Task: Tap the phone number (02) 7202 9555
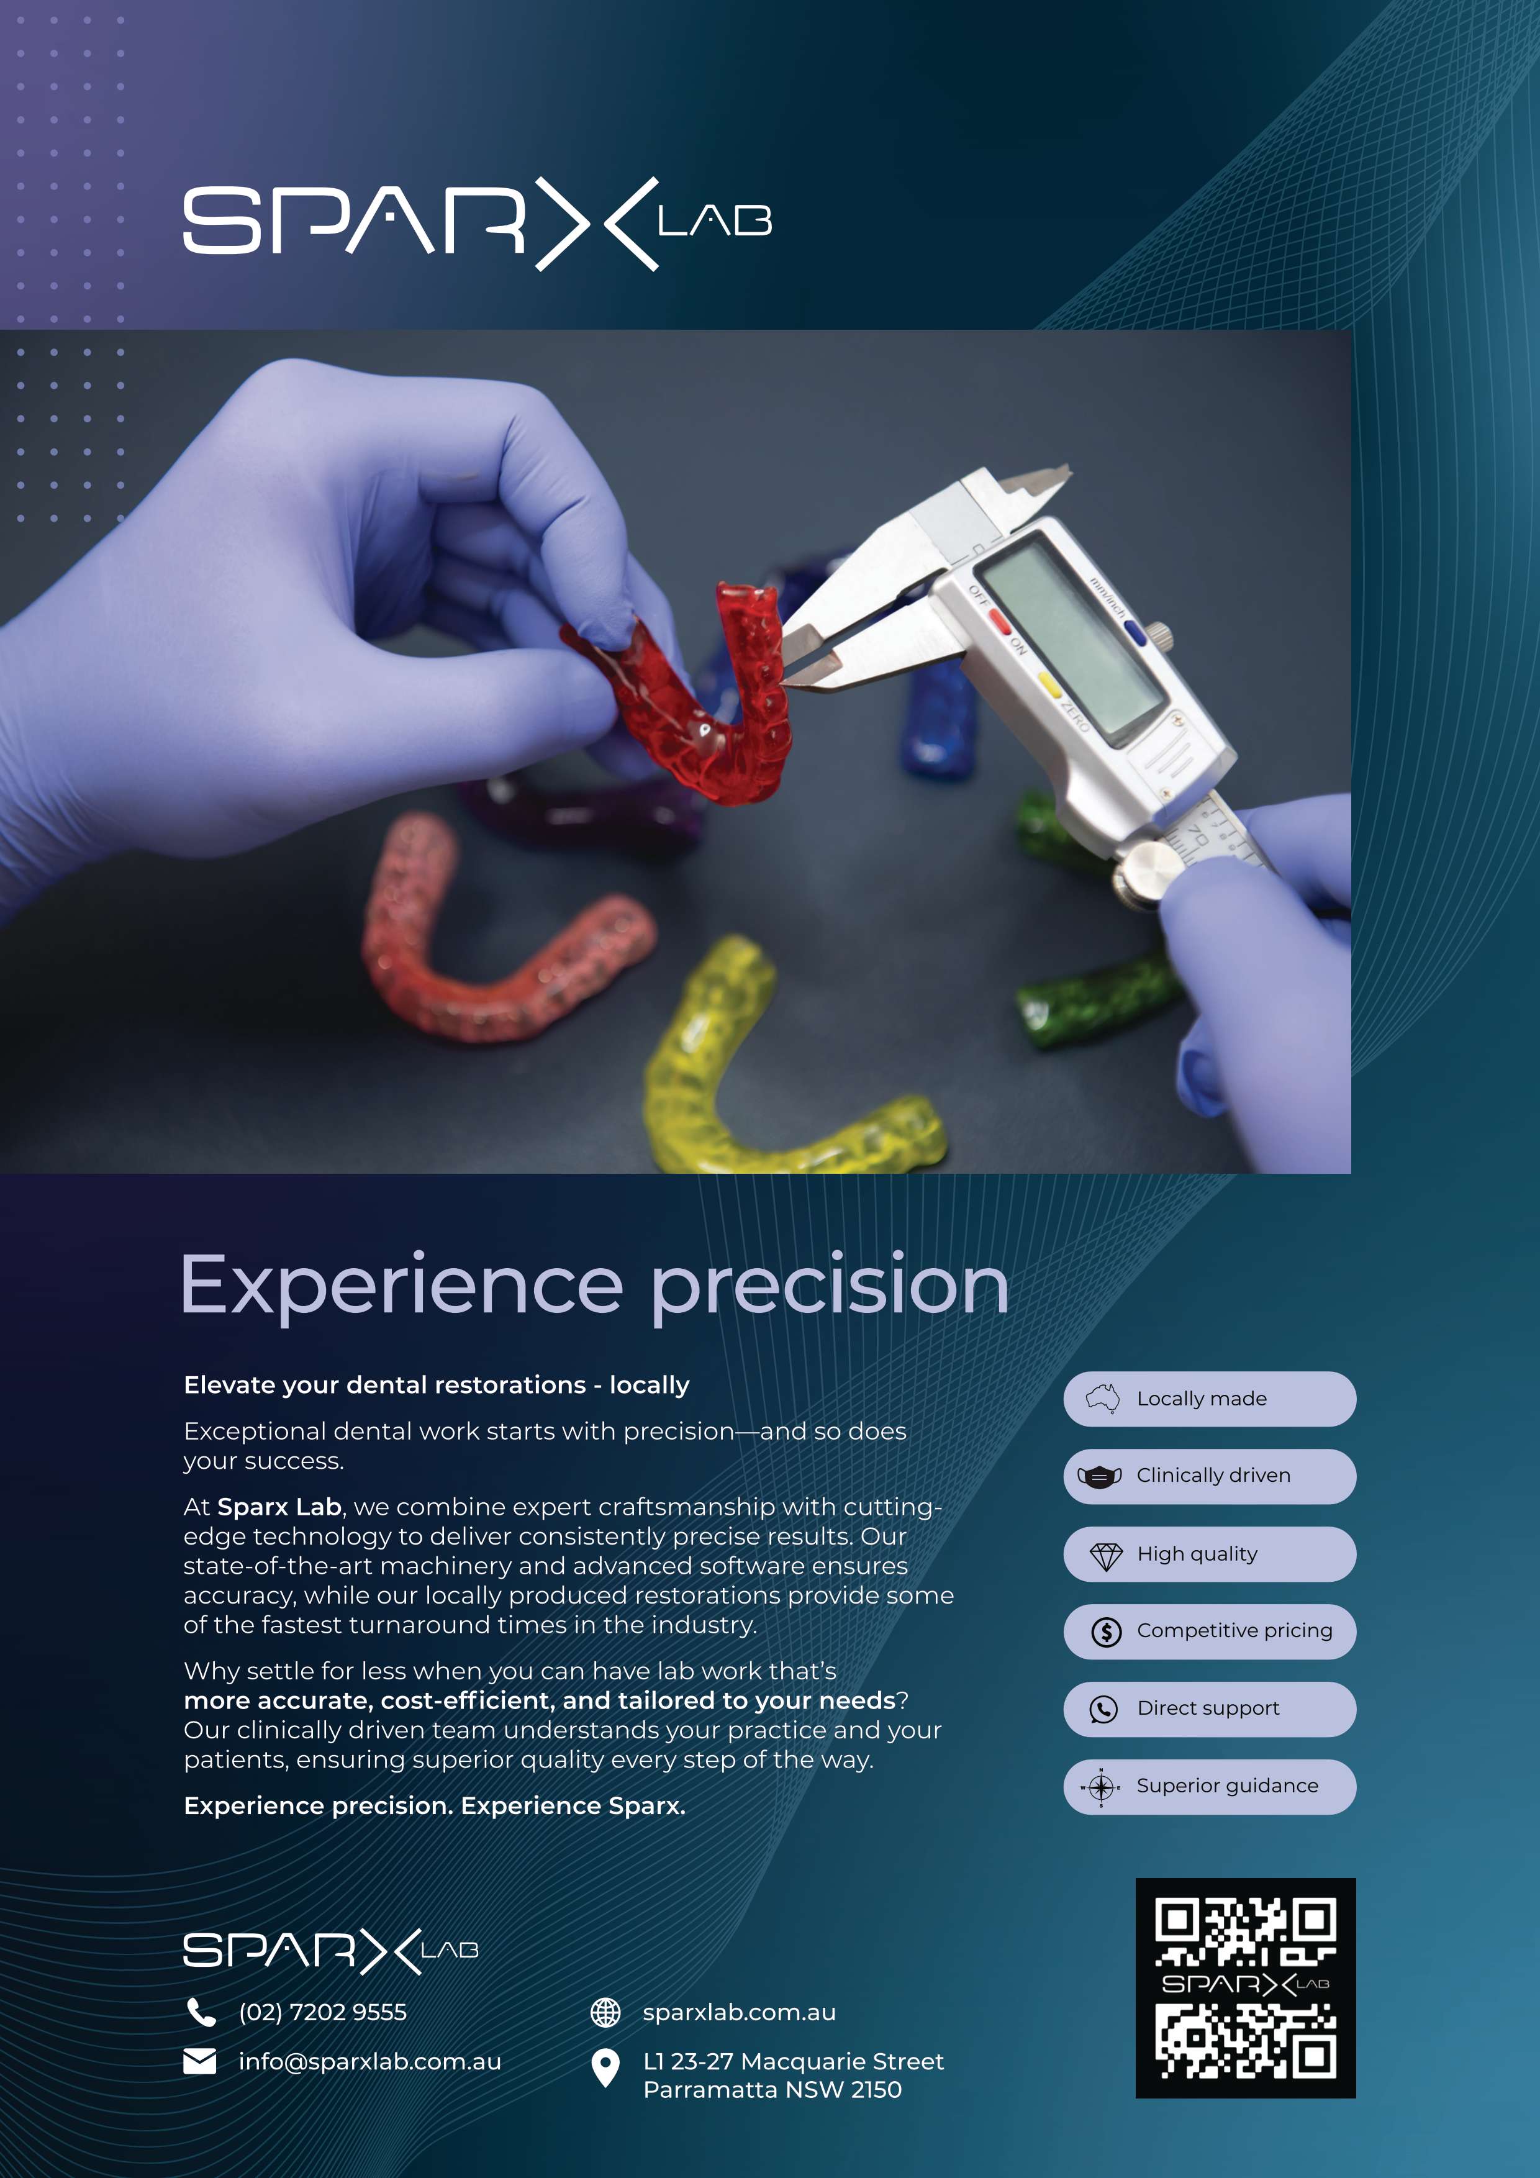322,2012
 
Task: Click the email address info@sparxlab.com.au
370,2061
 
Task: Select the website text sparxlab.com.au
740,2012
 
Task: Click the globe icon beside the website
605,2012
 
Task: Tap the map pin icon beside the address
605,2068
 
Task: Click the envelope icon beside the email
199,2061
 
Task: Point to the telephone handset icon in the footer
201,2011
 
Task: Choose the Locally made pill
1210,1398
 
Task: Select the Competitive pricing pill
1210,1631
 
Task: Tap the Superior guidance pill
1210,1786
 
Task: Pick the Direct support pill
1210,1708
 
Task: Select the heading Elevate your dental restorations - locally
436,1385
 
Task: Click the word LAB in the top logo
715,221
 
